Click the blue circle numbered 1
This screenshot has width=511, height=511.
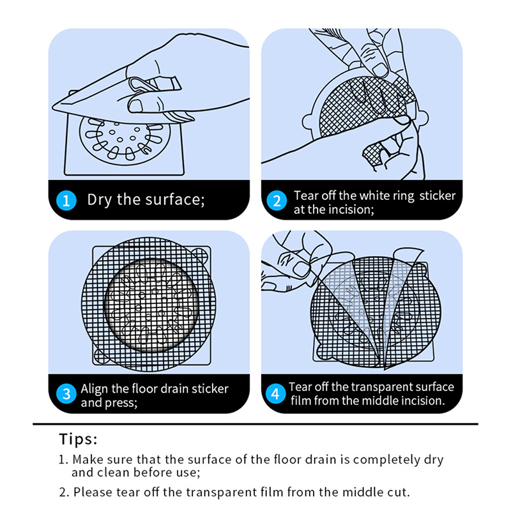[66, 201]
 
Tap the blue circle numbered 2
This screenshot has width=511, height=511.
[277, 201]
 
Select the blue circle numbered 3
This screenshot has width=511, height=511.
[66, 393]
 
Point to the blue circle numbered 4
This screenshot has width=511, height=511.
[275, 393]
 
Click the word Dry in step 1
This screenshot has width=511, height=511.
[100, 200]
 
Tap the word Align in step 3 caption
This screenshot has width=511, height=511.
[95, 389]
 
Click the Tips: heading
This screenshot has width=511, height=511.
[78, 439]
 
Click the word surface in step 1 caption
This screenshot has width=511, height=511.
[175, 199]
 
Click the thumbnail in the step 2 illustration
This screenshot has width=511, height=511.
[379, 70]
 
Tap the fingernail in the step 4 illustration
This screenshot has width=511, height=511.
[301, 270]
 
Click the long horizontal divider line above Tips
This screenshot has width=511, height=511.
[256, 424]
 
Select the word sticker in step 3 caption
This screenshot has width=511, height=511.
[210, 389]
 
